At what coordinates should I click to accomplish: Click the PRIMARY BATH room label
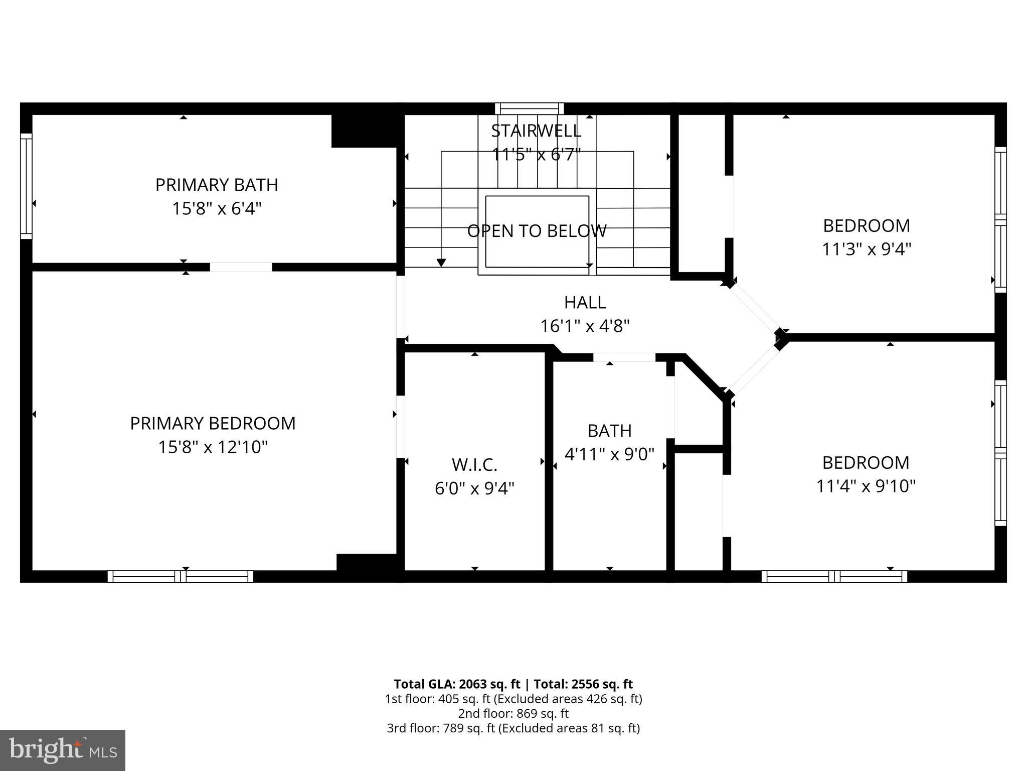tap(217, 185)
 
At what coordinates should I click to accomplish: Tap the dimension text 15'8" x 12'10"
tap(213, 447)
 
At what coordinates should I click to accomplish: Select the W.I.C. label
tap(474, 465)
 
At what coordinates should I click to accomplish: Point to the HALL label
tap(585, 302)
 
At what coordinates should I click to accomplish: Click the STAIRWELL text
tap(536, 131)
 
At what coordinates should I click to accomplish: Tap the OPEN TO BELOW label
tap(537, 231)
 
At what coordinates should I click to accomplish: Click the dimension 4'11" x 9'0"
tap(609, 454)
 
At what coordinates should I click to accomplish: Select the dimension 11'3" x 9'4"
tap(866, 249)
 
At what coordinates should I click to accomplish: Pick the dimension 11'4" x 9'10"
tap(866, 486)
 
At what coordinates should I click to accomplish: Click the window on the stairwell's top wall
tap(529, 108)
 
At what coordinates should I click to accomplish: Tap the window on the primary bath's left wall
tap(26, 186)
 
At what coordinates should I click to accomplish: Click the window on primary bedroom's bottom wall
tap(181, 576)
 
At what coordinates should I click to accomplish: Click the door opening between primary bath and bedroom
tap(241, 267)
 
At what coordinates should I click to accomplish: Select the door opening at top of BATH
tap(624, 357)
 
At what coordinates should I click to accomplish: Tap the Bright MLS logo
tap(62, 750)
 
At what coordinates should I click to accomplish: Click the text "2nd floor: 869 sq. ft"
tap(513, 713)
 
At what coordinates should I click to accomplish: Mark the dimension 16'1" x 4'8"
tap(585, 326)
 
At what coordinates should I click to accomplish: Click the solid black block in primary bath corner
tap(365, 131)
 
